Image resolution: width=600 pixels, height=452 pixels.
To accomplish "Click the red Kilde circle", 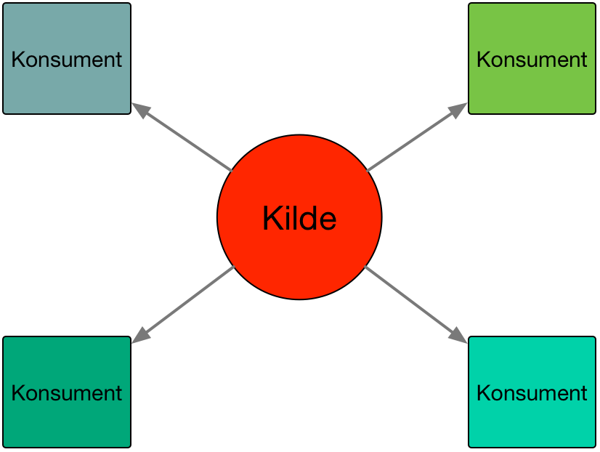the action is pos(299,217).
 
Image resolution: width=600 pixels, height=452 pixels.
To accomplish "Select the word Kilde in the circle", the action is pos(299,218).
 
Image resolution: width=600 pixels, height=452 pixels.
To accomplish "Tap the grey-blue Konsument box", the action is pos(67,59).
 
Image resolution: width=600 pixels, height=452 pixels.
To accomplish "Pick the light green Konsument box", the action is pos(532,59).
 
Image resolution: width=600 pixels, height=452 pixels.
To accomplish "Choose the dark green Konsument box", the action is pos(67,392).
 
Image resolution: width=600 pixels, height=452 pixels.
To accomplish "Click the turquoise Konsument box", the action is pos(532,392).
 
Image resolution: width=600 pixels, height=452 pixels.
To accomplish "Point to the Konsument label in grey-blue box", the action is pos(67,60).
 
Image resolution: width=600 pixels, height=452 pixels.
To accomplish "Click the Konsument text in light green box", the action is pos(532,60).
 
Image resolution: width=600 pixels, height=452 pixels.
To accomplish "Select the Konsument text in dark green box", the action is pos(67,393).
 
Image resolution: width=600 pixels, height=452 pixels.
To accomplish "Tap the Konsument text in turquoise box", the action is pos(532,393).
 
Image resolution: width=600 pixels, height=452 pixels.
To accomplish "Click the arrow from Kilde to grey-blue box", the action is pos(182,137).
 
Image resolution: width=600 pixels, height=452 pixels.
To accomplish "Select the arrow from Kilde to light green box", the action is pos(417,137).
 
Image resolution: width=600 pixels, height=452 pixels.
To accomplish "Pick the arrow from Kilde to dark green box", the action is pos(183,304).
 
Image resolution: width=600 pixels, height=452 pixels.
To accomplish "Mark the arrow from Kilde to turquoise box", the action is pos(415,304).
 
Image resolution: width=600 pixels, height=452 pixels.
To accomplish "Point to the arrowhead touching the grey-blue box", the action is pos(140,110).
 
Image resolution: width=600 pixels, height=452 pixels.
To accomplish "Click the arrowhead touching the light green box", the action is pos(458,110).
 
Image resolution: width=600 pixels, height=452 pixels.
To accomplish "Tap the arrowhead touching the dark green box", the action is pos(140,336).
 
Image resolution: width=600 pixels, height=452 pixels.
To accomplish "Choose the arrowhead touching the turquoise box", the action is pos(458,336).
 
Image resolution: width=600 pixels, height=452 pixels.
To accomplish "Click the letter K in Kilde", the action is pos(272,218).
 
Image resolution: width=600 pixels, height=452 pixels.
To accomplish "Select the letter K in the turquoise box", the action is pos(483,393).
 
